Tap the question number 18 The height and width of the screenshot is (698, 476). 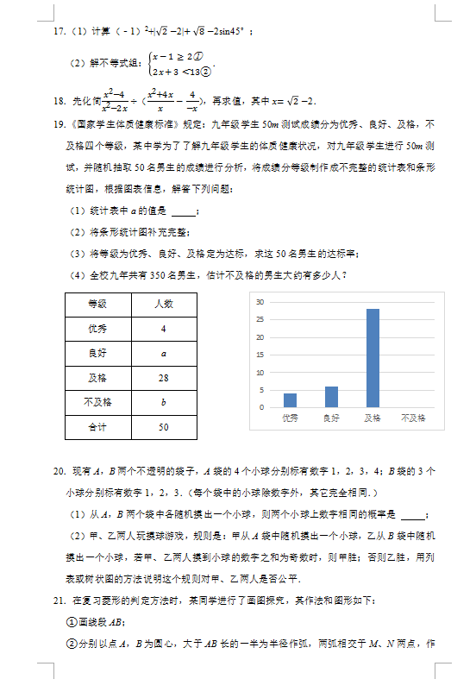coord(58,100)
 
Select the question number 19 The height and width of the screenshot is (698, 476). coord(58,124)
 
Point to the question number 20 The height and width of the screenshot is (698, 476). coord(58,472)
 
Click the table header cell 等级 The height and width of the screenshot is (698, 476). coord(97,305)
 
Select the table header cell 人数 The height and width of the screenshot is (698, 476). coord(163,305)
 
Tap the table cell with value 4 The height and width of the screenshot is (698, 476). coord(163,329)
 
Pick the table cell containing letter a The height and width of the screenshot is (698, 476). coord(163,354)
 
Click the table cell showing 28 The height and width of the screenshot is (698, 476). coord(163,378)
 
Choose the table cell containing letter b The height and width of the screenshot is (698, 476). coord(163,402)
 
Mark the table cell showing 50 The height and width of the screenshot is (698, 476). coord(163,427)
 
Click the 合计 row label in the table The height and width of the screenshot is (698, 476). coord(97,427)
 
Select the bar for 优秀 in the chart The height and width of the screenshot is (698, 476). coord(290,399)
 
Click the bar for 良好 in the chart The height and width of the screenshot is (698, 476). coord(331,396)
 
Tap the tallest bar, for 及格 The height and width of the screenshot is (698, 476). coord(373,357)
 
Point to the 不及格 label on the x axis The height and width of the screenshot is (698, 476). coord(414,418)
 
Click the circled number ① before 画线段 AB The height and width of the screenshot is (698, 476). coord(72,622)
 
